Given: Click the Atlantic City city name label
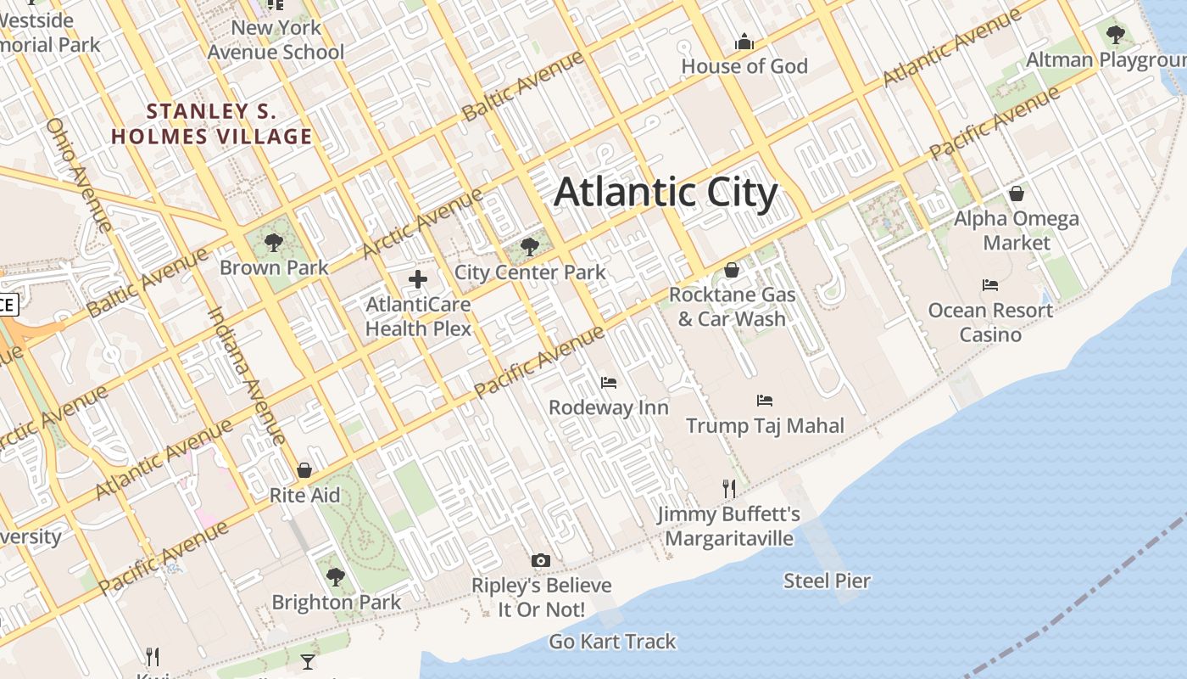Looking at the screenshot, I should (x=666, y=193).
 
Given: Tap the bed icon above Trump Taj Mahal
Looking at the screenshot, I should (x=765, y=400).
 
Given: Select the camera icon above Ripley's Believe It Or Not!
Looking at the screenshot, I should (x=541, y=560).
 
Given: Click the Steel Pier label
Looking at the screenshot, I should (x=827, y=581).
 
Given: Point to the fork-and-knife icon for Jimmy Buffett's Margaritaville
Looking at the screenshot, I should (x=729, y=488).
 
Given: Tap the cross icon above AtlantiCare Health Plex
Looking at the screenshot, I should (x=417, y=278).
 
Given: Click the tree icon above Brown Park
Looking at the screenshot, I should (x=273, y=243).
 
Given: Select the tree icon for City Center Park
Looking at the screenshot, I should (x=530, y=247).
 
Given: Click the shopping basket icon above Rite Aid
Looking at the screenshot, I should (x=304, y=470).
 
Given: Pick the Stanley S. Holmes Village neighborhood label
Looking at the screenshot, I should (x=212, y=124).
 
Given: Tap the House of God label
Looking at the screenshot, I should (x=744, y=66).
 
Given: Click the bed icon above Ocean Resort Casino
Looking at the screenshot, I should (x=989, y=285).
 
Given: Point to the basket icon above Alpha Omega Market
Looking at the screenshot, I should (x=1016, y=194).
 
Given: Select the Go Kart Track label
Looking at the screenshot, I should (x=612, y=642).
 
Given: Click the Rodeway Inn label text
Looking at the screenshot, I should (x=609, y=407).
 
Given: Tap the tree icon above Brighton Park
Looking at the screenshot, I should (x=336, y=577).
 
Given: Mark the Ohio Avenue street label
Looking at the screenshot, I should (x=79, y=175).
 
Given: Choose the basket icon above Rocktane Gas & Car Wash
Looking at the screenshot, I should (x=732, y=270).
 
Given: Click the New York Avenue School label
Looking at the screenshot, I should (x=276, y=40).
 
